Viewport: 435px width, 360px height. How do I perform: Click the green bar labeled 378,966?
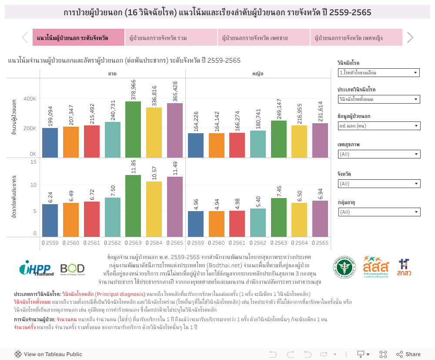133,129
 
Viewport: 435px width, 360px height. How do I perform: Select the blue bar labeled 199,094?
50,143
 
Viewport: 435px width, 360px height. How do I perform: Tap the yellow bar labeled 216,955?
299,141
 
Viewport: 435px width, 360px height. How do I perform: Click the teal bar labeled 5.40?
258,222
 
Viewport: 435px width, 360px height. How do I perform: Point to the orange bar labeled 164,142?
217,145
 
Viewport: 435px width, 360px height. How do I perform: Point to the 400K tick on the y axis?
30,99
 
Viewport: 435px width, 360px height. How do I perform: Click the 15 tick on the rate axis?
33,161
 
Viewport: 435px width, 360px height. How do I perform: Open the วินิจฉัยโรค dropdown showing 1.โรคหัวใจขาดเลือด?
378,73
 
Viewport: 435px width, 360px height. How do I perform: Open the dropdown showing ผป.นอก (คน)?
378,126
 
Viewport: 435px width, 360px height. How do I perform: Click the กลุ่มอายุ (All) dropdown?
378,212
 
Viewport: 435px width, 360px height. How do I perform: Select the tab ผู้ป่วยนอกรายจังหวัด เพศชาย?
264,38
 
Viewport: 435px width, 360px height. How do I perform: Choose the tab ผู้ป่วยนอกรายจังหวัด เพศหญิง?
356,38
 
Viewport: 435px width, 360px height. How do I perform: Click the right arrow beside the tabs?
410,38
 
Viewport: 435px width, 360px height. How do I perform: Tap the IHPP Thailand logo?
36,268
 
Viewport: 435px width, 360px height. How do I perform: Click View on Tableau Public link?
48,354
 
